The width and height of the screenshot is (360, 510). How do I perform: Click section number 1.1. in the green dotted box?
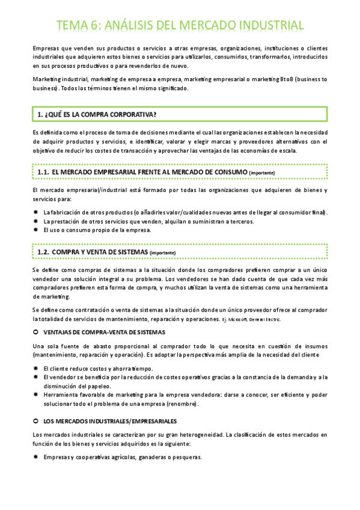(x=43, y=172)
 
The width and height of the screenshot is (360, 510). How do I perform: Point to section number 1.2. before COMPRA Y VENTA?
(x=43, y=251)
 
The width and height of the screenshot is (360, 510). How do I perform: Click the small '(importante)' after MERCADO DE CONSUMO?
(x=262, y=173)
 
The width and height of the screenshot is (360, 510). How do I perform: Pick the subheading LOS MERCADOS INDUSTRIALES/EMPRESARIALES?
(x=110, y=421)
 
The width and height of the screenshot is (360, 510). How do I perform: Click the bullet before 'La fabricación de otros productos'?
(x=36, y=212)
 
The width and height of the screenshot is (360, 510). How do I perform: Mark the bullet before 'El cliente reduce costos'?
(x=36, y=368)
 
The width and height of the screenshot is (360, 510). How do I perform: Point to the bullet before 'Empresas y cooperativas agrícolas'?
(x=36, y=457)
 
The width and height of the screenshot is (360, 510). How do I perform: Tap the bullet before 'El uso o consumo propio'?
(x=36, y=230)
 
